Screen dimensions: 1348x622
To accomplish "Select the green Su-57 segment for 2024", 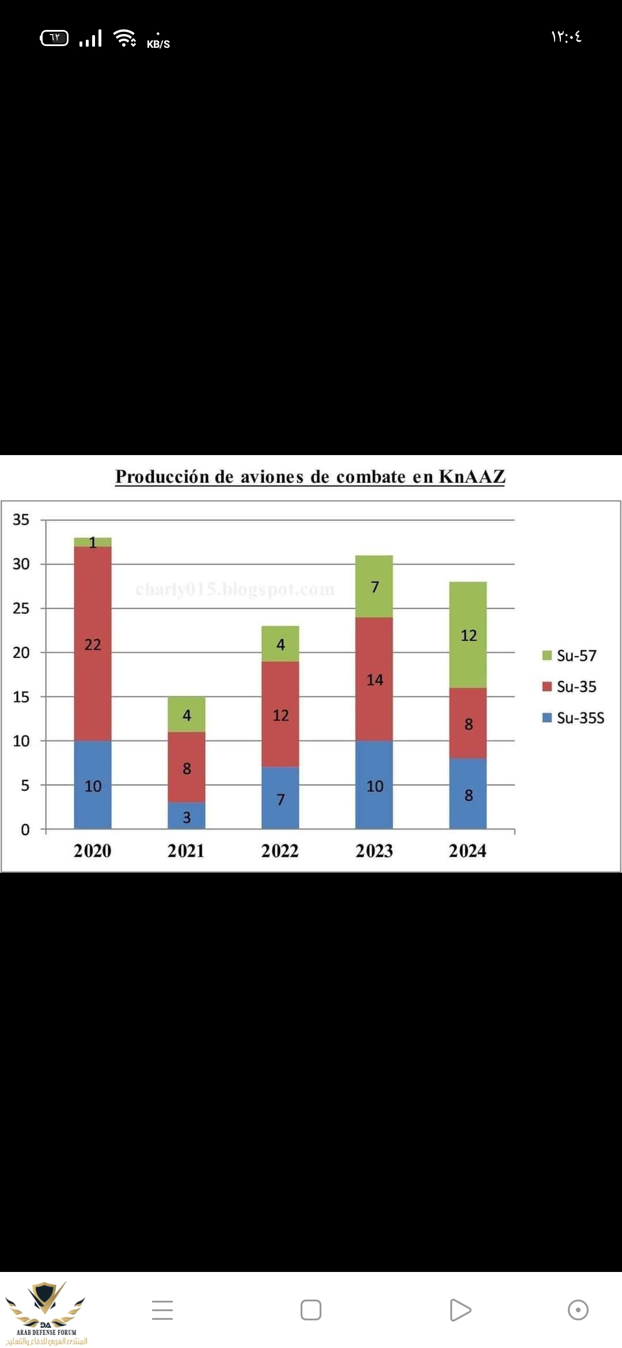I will click(468, 635).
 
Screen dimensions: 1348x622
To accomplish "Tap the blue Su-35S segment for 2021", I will click(187, 816).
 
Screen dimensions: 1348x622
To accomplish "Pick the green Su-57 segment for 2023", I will click(374, 586).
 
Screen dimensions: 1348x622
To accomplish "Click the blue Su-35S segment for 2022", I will click(280, 798).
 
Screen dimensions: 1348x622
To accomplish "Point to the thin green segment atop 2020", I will click(93, 542).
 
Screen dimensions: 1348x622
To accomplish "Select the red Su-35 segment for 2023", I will click(374, 679).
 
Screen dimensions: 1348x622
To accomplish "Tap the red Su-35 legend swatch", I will click(547, 687).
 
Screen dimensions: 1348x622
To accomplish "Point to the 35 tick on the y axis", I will click(21, 520).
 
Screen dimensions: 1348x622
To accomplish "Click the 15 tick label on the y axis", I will click(21, 697).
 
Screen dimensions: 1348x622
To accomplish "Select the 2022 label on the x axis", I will click(280, 851).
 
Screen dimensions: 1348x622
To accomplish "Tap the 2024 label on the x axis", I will click(468, 851).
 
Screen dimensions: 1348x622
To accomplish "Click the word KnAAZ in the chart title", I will click(472, 476).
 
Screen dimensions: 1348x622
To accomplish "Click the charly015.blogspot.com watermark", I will click(235, 589).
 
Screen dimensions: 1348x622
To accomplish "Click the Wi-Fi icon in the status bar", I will click(124, 38).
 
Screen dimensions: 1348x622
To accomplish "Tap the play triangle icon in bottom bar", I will click(460, 1310).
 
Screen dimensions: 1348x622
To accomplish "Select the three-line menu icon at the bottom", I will click(162, 1310).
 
